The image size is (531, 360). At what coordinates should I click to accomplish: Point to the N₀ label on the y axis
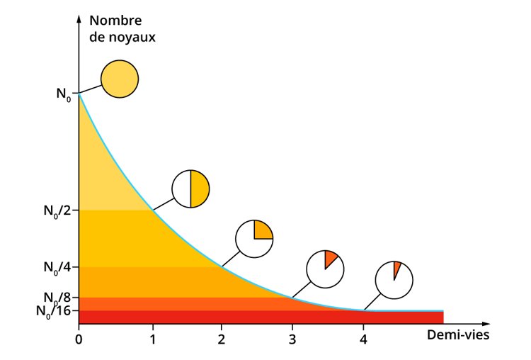tap(63, 92)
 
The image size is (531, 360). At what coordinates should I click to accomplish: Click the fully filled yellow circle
tap(119, 79)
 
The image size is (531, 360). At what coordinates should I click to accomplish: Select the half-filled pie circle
tap(190, 189)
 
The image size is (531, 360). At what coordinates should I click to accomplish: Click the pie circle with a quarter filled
tap(254, 239)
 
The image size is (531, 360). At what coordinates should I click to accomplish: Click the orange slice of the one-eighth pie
tap(330, 259)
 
